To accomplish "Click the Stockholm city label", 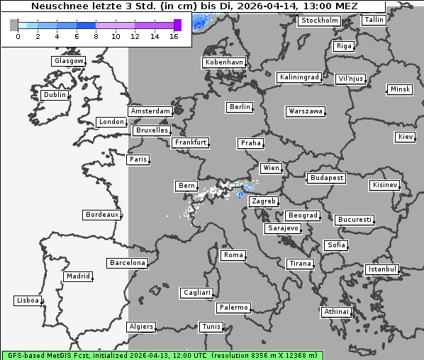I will tap(319, 21).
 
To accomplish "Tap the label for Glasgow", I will tap(68, 61).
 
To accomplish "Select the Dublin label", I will tap(55, 95).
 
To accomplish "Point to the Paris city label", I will tap(138, 159).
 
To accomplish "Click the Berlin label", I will tap(240, 107).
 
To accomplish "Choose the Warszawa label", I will tap(306, 111).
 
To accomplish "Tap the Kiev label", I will tap(406, 137).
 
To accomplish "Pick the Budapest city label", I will tap(326, 178).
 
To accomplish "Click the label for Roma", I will tap(233, 255).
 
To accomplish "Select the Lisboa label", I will tap(27, 301).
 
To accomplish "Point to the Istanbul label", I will tap(382, 270).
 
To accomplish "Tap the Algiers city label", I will tap(140, 327).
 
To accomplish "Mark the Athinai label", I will tap(336, 312).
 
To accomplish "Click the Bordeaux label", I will tap(101, 215).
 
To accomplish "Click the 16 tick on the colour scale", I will tap(174, 36).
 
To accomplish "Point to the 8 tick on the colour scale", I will tap(96, 36).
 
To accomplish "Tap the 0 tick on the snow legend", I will tap(18, 36).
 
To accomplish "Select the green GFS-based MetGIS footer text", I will tap(162, 355).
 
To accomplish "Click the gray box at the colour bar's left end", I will tap(14, 25).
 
